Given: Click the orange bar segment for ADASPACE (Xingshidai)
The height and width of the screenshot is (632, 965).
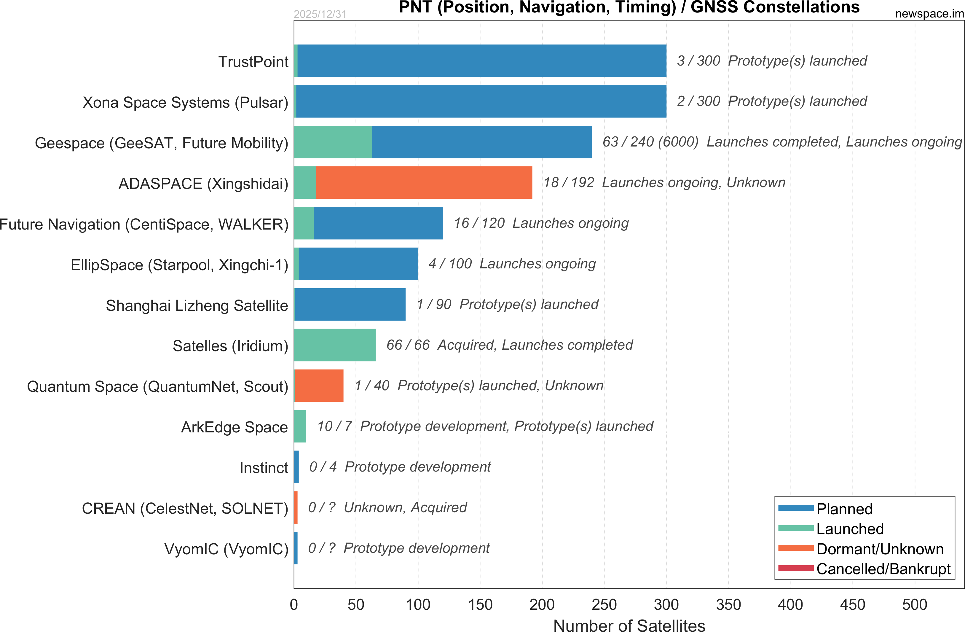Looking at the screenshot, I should tap(424, 183).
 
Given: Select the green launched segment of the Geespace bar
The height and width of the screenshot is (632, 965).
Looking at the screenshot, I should tap(332, 142).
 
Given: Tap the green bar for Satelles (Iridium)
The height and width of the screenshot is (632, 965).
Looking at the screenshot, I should tap(334, 345).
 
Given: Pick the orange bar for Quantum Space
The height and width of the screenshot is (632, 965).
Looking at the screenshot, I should tap(319, 385).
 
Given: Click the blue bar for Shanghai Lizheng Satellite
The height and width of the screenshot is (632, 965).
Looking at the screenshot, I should tap(350, 304).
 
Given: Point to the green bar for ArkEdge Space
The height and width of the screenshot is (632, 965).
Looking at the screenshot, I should tap(300, 426).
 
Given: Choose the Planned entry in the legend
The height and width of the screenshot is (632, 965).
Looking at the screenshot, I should tap(844, 509).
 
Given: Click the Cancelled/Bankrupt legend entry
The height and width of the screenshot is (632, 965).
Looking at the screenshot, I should tap(883, 569).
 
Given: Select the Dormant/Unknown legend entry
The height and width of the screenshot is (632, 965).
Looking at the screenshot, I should tap(880, 549).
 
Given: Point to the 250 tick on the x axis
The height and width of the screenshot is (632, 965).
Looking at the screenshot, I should tap(604, 605).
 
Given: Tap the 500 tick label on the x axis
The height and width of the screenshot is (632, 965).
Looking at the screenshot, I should tap(915, 605).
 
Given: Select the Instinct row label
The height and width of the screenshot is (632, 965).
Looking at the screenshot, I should tap(264, 468).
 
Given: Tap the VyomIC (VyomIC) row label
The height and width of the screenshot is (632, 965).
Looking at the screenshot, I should tap(226, 549).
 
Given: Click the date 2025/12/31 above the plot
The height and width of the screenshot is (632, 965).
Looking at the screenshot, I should tap(320, 14).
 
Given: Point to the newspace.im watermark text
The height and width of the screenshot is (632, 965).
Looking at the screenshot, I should tap(929, 13).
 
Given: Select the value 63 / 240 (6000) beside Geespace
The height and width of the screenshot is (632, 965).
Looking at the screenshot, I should tap(650, 142).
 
